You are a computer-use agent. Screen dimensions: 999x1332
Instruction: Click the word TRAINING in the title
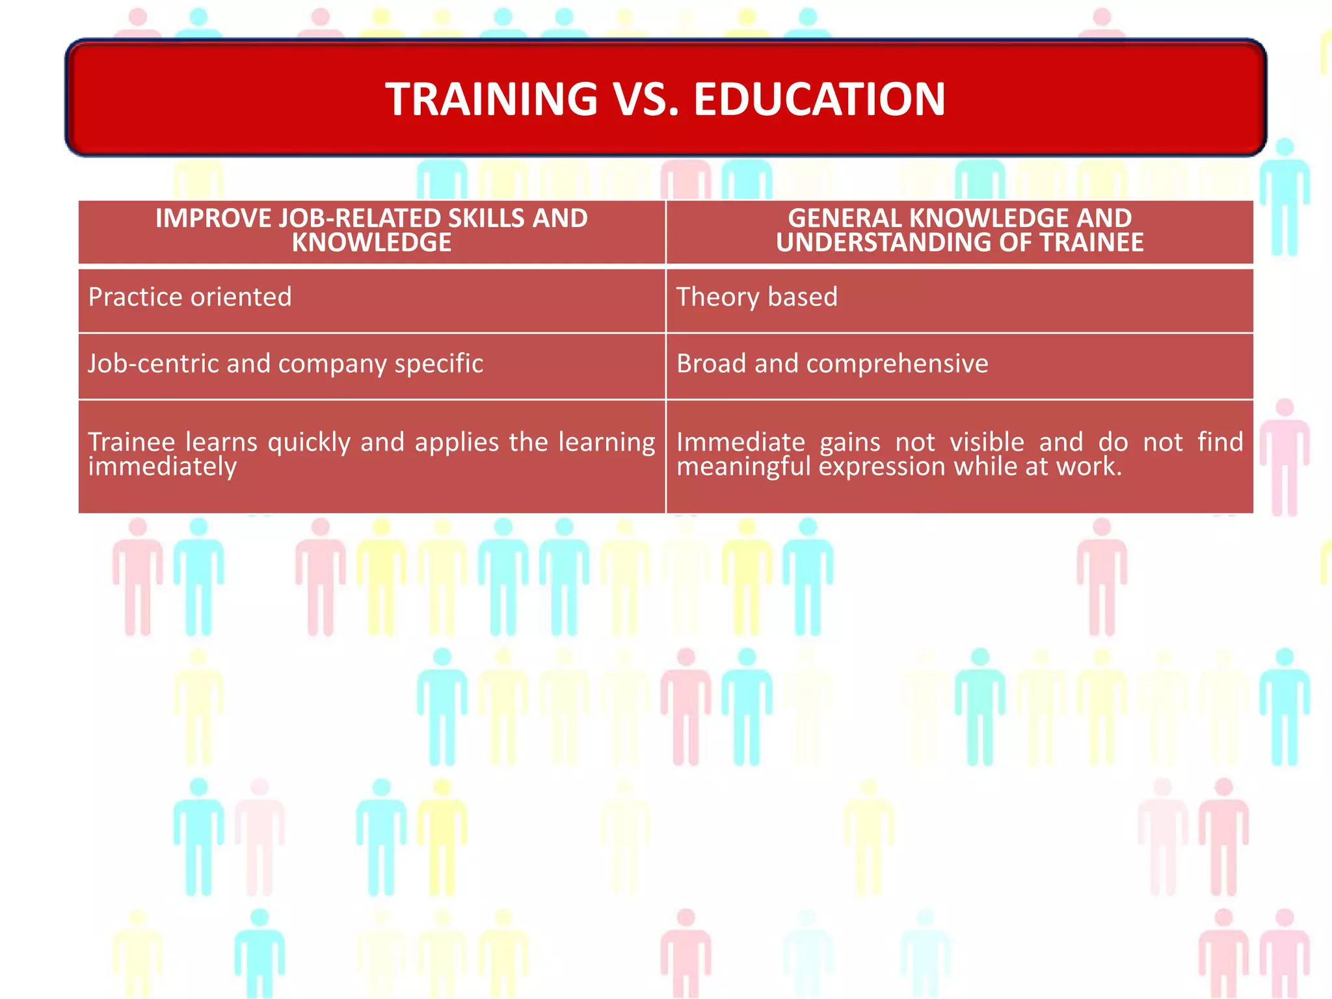pyautogui.click(x=491, y=100)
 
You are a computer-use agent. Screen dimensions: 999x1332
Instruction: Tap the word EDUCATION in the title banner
pyautogui.click(x=819, y=100)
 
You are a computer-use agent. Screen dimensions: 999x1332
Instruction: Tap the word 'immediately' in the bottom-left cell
pyautogui.click(x=163, y=467)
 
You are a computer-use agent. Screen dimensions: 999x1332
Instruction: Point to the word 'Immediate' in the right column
pyautogui.click(x=741, y=443)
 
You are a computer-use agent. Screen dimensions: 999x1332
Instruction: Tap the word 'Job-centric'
pyautogui.click(x=153, y=364)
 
